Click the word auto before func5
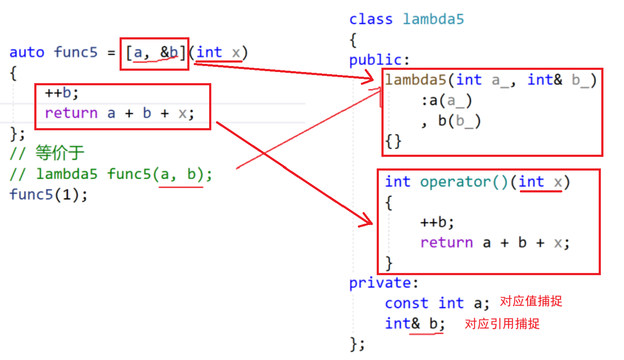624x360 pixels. point(27,53)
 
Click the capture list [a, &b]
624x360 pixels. point(155,53)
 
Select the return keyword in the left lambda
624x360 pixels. point(71,113)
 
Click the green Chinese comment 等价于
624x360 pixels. point(60,153)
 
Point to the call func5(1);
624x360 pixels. point(48,195)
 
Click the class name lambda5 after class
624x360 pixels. point(433,19)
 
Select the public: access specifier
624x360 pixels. point(380,60)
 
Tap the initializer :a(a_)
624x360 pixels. point(446,101)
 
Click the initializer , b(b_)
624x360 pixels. point(451,122)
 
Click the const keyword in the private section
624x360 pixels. point(407,303)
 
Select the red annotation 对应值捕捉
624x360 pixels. point(531,302)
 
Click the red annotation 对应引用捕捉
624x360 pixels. point(502,324)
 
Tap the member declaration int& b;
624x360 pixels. point(415,324)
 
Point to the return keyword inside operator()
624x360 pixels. point(447,243)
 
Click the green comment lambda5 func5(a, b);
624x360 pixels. point(124,174)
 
